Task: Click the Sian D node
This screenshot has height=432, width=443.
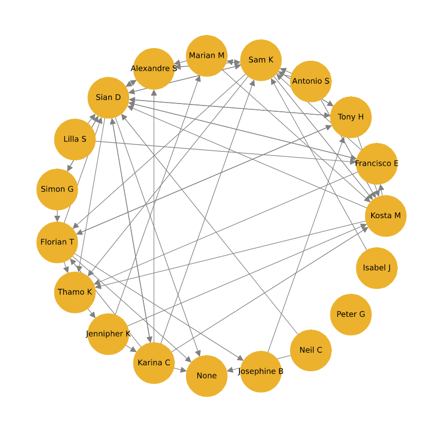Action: tap(108, 97)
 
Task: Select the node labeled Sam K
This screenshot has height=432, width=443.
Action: tap(261, 60)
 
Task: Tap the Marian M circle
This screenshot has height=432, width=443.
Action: tap(206, 55)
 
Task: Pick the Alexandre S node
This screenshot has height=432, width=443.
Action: tap(154, 69)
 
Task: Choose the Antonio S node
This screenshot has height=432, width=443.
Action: tap(311, 81)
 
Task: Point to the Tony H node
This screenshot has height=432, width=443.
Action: tap(351, 117)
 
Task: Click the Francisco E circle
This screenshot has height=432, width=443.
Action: tap(376, 163)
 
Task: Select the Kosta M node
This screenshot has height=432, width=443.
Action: tap(386, 216)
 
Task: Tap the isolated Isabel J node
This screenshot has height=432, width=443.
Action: tap(376, 268)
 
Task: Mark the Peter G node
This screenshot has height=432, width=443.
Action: tap(351, 314)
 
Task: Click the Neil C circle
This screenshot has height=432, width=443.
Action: tap(311, 350)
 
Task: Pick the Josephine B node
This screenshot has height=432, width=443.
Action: tap(261, 372)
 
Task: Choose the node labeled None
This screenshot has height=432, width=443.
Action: tap(206, 376)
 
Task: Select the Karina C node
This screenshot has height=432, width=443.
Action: tap(154, 363)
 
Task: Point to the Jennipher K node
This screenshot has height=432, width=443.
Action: tap(108, 334)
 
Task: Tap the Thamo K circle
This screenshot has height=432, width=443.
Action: tap(75, 292)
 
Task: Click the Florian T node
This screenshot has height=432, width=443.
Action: tap(57, 242)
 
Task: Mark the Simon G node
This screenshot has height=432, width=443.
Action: tap(57, 189)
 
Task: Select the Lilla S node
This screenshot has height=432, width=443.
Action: tap(75, 139)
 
